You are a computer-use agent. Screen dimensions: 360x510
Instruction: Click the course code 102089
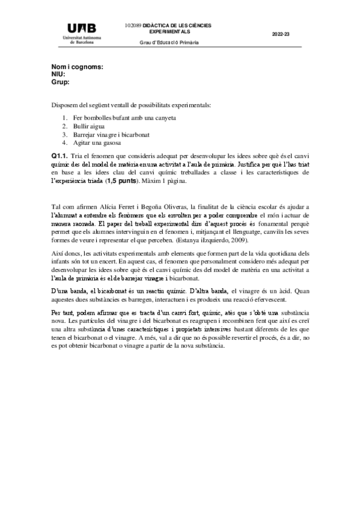click(x=133, y=26)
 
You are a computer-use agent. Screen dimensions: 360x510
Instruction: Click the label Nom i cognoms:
click(x=77, y=67)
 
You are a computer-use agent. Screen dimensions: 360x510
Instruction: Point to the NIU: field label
click(x=58, y=74)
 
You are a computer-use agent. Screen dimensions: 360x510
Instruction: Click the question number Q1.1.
click(x=60, y=156)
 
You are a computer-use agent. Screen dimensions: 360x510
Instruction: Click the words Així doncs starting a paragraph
click(x=66, y=254)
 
